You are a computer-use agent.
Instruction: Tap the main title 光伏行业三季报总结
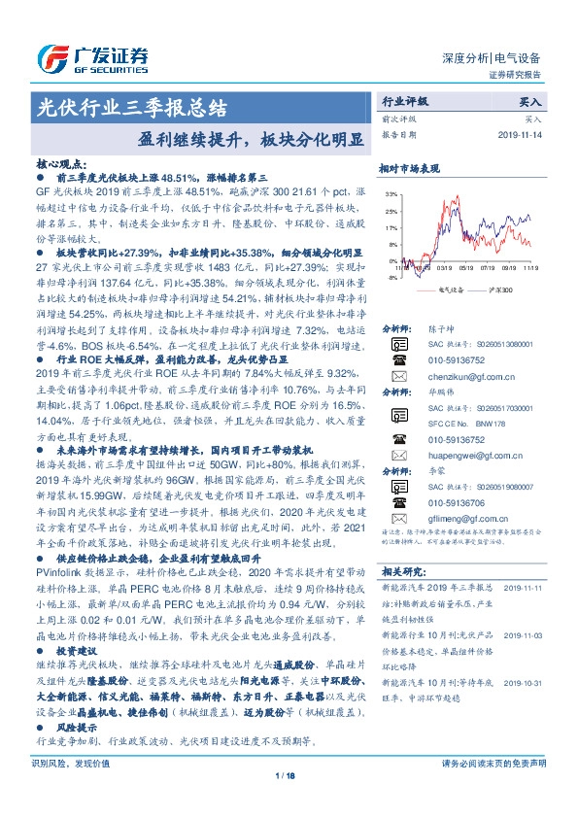131,106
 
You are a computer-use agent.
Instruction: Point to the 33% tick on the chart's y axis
391,194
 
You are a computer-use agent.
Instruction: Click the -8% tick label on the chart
391,277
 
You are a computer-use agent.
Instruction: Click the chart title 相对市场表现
407,168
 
